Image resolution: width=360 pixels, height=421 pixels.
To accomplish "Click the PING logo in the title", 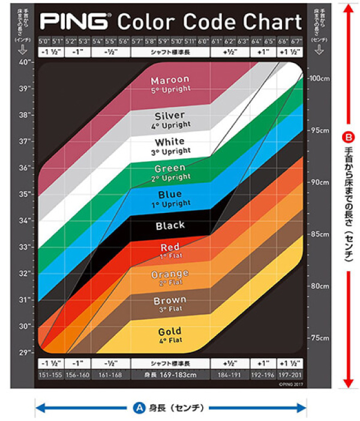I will click(x=75, y=22).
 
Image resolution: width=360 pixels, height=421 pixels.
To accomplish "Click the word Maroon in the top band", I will click(x=170, y=80).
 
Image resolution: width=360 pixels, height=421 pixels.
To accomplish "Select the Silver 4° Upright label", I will click(x=170, y=120).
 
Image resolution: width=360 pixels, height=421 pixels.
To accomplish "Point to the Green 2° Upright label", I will click(x=170, y=173).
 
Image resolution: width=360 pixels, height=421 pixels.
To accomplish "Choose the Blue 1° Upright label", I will click(x=170, y=199).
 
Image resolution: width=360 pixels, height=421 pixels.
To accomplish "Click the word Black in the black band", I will click(x=170, y=226).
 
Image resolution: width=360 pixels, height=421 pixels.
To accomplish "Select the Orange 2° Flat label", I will click(x=170, y=278).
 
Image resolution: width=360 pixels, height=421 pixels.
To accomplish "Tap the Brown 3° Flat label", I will click(x=170, y=304).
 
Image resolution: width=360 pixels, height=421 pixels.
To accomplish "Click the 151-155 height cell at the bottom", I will click(x=49, y=375).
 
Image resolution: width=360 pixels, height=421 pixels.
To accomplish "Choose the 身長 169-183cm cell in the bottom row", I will click(x=170, y=375).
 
